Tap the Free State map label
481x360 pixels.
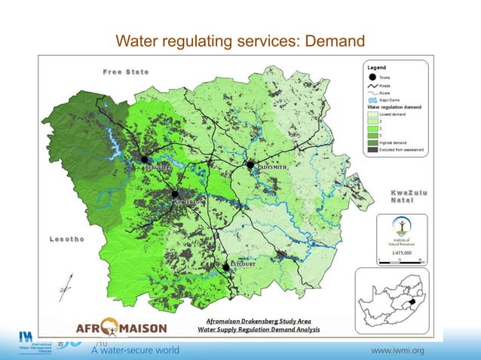pos(126,72)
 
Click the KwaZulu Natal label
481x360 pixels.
pos(409,198)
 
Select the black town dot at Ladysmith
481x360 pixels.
pos(251,164)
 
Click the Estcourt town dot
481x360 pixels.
pos(226,267)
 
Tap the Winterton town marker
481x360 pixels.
pos(176,193)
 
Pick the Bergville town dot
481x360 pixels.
pos(143,159)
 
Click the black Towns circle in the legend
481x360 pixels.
pos(372,78)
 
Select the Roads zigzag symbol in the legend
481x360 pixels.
pos(372,86)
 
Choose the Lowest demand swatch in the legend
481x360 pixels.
pos(372,114)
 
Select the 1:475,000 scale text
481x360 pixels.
pos(401,253)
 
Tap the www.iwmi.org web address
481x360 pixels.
pos(398,350)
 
